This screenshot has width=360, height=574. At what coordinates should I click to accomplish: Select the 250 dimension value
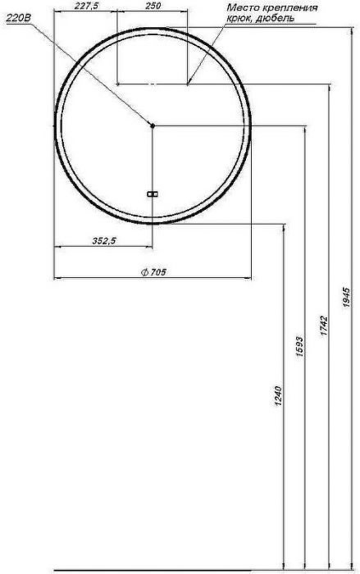(153, 6)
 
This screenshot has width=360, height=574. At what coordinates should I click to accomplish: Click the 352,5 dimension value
(103, 240)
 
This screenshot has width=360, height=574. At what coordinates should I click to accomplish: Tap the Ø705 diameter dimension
(153, 272)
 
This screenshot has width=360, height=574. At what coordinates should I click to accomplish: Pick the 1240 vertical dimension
(278, 396)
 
